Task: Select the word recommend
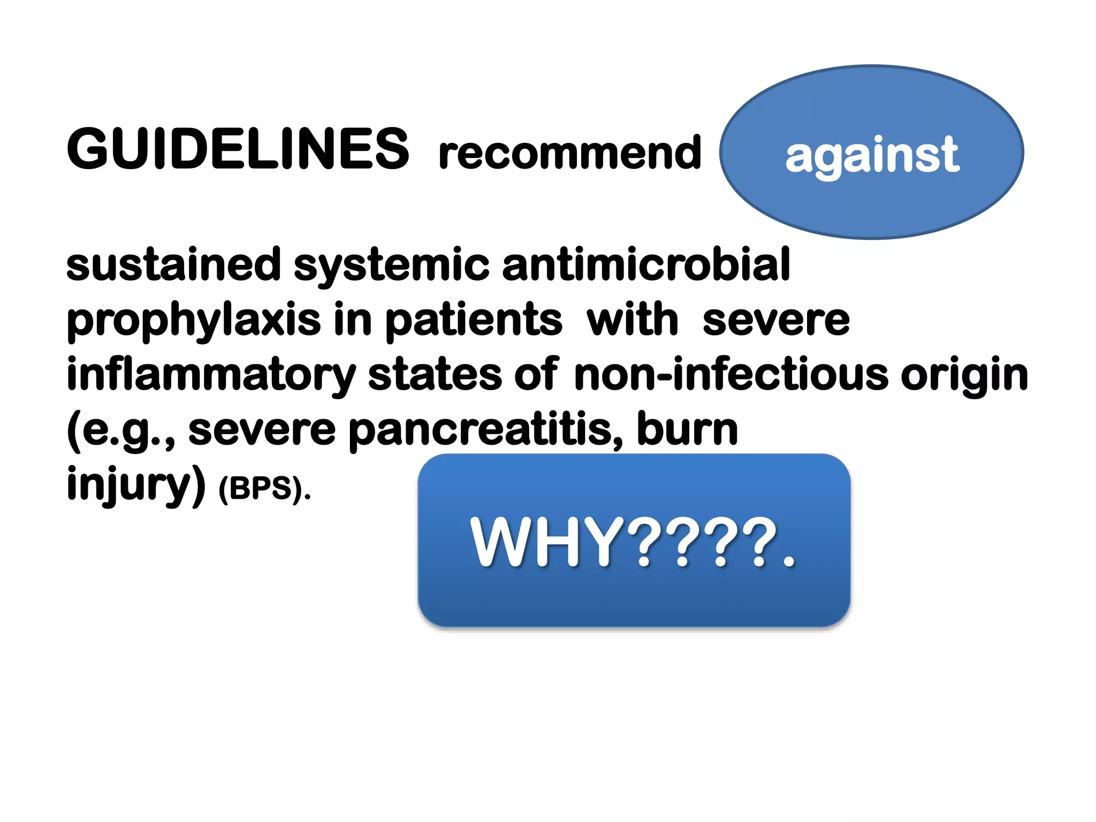click(x=569, y=153)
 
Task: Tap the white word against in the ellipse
click(x=872, y=155)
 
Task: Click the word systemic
click(x=391, y=265)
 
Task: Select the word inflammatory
click(x=211, y=375)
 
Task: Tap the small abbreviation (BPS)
click(x=264, y=488)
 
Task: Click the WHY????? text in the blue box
click(x=633, y=542)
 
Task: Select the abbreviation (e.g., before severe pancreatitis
click(x=120, y=431)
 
